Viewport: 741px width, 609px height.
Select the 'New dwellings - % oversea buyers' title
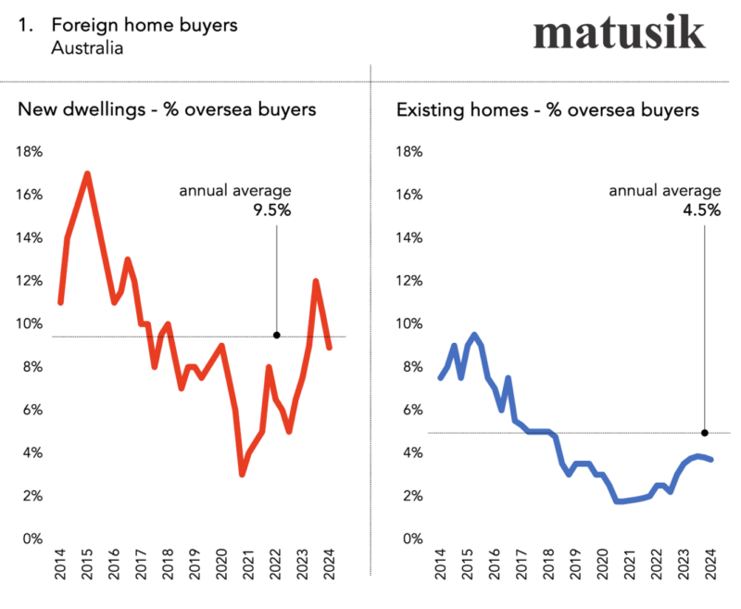[x=167, y=109]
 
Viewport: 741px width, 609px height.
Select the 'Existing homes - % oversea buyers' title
[x=546, y=109]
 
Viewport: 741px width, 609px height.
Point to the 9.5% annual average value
[x=272, y=210]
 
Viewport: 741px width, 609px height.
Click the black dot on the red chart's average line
[x=277, y=336]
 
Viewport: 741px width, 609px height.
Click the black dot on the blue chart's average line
[x=705, y=433]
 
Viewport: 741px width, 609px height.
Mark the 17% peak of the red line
[x=87, y=173]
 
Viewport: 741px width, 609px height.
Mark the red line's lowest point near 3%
[x=242, y=475]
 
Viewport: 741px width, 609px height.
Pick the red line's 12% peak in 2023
[x=316, y=281]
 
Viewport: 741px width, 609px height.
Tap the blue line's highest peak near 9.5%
[x=474, y=335]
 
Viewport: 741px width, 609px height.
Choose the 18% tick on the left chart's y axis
[x=31, y=152]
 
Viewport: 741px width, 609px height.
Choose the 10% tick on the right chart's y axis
[x=410, y=324]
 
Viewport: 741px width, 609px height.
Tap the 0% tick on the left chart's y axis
[x=33, y=539]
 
